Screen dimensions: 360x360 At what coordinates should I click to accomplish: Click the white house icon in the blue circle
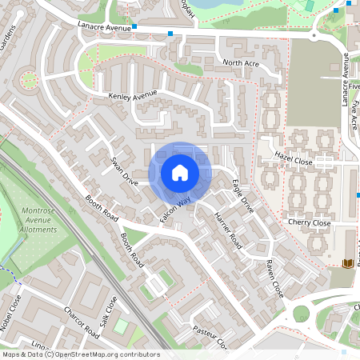point(180,173)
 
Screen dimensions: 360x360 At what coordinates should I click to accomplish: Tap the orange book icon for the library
point(347,262)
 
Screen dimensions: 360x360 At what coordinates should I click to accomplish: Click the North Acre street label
point(242,62)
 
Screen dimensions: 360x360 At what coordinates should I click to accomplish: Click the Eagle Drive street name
point(242,196)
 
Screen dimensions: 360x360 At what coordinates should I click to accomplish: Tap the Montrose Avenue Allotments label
point(38,221)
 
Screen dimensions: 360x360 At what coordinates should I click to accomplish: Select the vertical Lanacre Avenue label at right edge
point(346,79)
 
